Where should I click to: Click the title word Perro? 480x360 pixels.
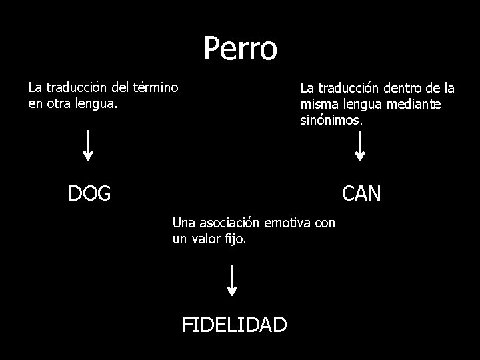[x=240, y=48]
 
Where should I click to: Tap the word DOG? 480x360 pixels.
[x=89, y=193]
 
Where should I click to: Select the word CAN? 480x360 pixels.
[x=361, y=193]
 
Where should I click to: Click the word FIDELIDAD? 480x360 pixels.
[x=235, y=324]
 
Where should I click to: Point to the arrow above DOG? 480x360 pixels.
[x=88, y=146]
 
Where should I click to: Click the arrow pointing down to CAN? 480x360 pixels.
[x=360, y=146]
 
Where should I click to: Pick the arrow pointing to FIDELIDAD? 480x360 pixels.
[x=232, y=280]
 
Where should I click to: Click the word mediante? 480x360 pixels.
[x=417, y=105]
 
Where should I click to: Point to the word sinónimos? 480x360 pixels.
[x=331, y=121]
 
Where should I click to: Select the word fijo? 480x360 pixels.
[x=236, y=239]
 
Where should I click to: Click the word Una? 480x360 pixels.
[x=183, y=222]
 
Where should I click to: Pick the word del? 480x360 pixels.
[x=121, y=87]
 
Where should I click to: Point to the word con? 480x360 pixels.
[x=324, y=222]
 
